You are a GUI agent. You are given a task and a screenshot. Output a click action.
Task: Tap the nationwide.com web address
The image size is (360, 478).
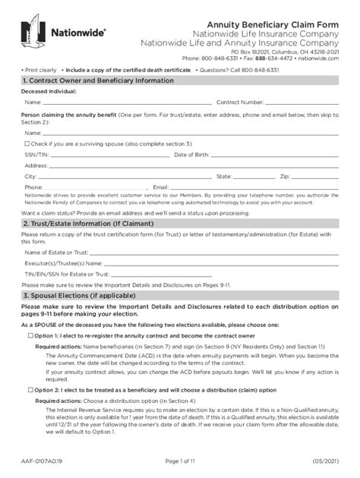[x=318, y=57]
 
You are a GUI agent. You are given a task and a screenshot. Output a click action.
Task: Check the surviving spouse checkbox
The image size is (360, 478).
[x=27, y=143]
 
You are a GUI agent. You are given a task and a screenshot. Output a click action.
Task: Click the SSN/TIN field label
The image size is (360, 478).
[x=36, y=154]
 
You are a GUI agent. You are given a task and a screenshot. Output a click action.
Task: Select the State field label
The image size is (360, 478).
[x=223, y=176]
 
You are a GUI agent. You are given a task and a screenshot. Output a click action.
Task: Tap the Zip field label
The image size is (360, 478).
[x=285, y=176]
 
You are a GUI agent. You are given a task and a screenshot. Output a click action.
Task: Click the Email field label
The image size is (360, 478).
[x=159, y=187]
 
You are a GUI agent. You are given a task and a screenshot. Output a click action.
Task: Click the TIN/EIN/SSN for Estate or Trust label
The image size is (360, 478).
[x=68, y=272]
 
